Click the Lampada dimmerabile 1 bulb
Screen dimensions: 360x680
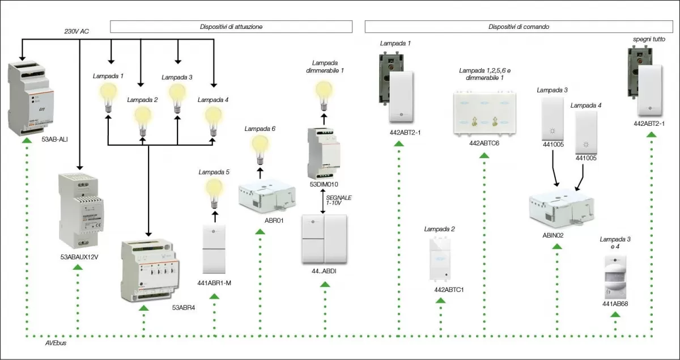(x=324, y=93)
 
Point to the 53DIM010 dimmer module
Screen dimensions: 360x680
(x=324, y=153)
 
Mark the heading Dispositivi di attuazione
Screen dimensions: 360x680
(x=231, y=27)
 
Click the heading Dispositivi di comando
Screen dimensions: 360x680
(x=518, y=27)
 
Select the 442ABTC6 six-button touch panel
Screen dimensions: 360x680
(x=484, y=112)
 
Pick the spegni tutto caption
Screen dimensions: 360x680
(x=649, y=39)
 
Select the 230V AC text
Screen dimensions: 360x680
(x=76, y=31)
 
